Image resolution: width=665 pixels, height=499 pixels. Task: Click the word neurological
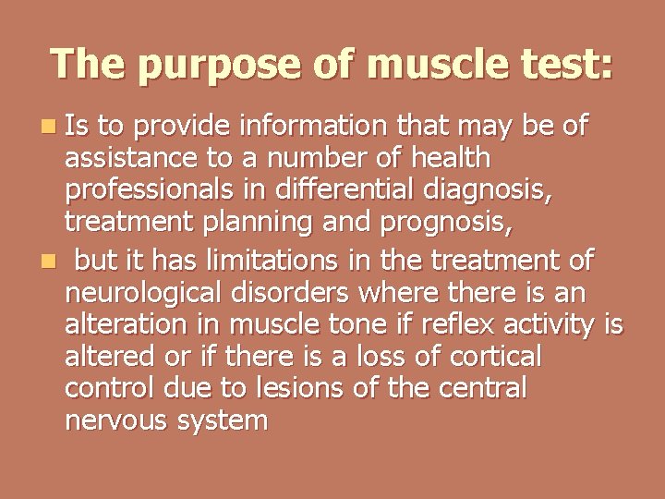pyautogui.click(x=139, y=295)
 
